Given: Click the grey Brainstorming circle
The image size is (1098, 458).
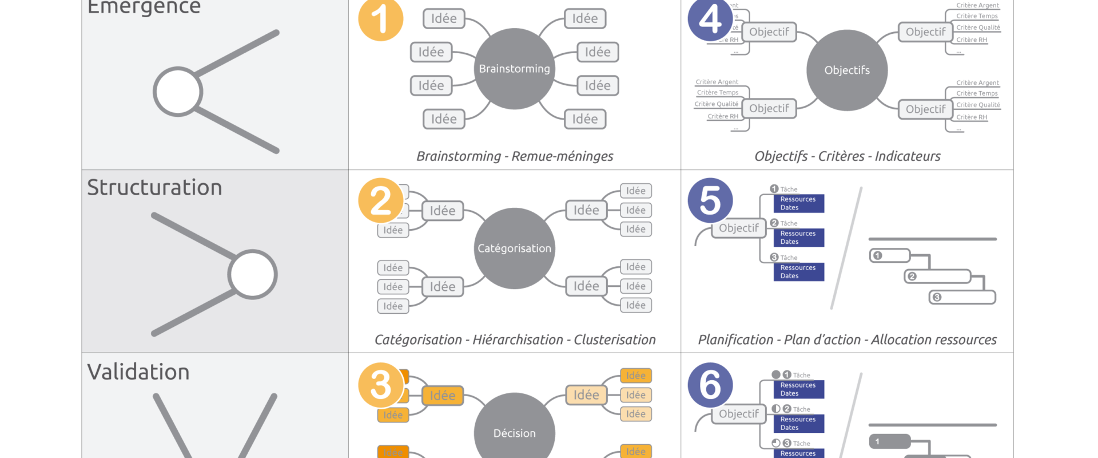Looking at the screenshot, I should pos(515,69).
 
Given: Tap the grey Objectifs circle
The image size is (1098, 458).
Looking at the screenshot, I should pos(847,70).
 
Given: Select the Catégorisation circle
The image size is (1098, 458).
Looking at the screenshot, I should pos(515,248).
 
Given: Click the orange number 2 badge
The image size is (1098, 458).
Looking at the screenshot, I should pos(381,200).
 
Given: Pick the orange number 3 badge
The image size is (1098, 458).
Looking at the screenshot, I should pos(381,385).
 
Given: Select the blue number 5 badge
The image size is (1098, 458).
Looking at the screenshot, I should pos(710,200).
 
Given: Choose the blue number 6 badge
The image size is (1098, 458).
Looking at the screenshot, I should pos(710,385).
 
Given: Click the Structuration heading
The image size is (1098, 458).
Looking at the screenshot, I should pos(154,188).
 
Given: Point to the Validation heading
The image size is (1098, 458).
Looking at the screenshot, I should pos(138,372).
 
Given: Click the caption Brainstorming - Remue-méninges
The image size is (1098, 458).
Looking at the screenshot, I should pos(515,156).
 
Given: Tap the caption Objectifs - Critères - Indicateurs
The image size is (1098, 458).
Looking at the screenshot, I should pos(847,156).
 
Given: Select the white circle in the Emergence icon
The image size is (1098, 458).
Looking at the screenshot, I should pos(178,92).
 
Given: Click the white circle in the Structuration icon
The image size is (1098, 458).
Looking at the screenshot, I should pos(252,274).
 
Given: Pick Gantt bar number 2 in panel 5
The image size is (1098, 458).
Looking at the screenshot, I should pos(938,277).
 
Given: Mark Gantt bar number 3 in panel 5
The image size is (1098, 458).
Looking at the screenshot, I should pos(962,297).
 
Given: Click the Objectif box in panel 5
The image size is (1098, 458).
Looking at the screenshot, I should pos(739,228).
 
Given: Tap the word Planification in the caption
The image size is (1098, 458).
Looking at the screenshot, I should pos(735,340).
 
